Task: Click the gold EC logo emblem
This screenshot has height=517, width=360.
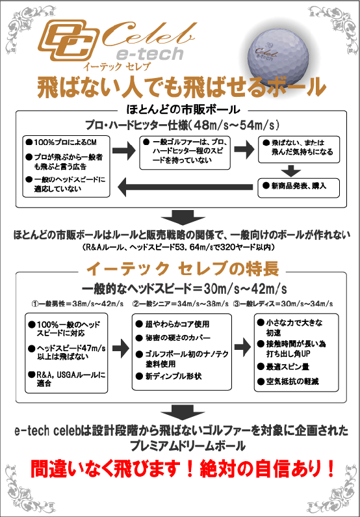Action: [x=68, y=40]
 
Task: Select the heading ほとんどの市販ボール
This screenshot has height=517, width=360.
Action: [x=183, y=109]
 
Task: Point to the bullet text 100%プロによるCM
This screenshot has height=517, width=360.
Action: [x=64, y=142]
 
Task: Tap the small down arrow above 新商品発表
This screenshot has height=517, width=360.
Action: [x=291, y=171]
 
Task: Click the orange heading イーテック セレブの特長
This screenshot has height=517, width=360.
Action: [x=183, y=269]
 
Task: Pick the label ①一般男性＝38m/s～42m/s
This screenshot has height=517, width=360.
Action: [x=77, y=304]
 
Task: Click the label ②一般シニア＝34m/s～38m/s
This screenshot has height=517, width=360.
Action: [x=180, y=304]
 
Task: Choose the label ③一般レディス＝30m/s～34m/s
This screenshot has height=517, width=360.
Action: [x=283, y=304]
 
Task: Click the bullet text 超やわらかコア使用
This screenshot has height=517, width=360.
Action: [x=177, y=324]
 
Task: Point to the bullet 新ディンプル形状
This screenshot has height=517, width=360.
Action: [x=174, y=377]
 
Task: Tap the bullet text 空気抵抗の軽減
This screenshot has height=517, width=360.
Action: [x=292, y=382]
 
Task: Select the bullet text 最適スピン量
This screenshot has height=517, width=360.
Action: [x=287, y=367]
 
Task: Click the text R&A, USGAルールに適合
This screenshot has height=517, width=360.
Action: [x=71, y=379]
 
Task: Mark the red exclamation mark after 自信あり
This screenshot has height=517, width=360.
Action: [x=331, y=468]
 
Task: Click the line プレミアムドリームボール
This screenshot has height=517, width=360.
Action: [x=188, y=446]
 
